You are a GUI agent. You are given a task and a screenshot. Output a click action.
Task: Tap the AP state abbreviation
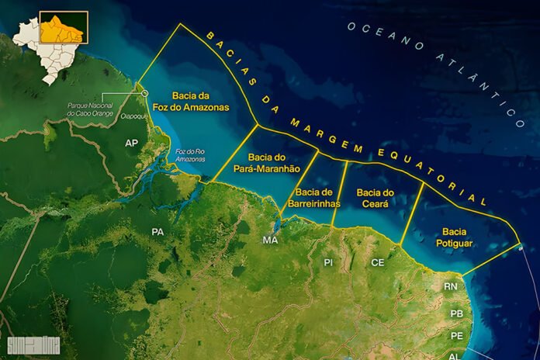[x=131, y=144]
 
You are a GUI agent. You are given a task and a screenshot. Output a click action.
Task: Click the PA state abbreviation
[x=157, y=231]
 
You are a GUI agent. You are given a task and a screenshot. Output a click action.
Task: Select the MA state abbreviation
[x=270, y=240]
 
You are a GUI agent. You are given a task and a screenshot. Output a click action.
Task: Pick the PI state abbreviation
[x=328, y=263]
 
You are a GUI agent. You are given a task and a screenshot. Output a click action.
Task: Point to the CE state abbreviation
[x=378, y=263]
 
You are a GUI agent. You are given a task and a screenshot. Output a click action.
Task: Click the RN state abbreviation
[x=451, y=287]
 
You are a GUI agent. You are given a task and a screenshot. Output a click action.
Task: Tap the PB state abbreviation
[x=456, y=313]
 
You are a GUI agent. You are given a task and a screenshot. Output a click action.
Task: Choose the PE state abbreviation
[x=456, y=335]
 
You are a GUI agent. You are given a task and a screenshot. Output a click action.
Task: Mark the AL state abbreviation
[x=453, y=354]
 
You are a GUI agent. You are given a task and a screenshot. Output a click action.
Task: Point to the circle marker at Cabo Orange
[x=144, y=94]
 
